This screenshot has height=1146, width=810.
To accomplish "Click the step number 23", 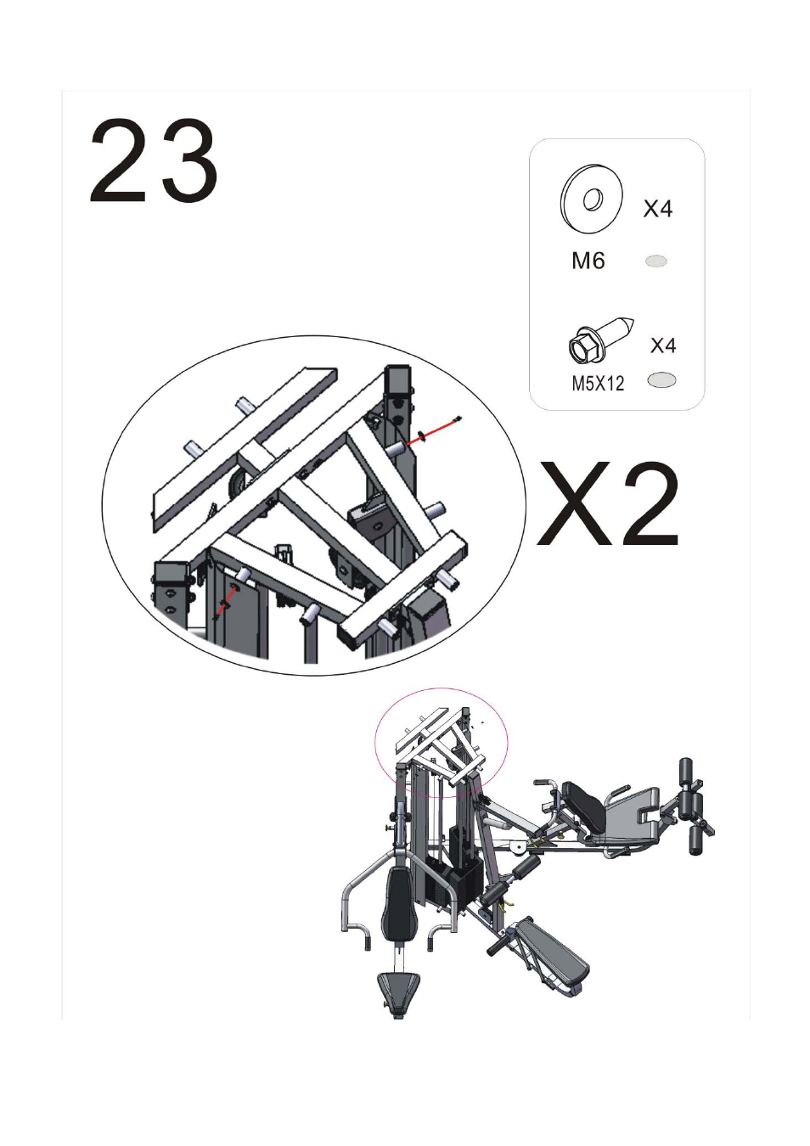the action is (x=154, y=160).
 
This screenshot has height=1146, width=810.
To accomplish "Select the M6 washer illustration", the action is (x=592, y=195).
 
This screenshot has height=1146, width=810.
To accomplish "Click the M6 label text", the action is (x=588, y=261).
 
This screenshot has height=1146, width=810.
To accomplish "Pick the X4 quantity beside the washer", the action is (x=658, y=209).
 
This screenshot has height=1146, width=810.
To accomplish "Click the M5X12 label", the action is (x=598, y=384).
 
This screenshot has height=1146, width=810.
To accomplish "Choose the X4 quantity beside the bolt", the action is (x=663, y=345).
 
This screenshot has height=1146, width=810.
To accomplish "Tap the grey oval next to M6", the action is (x=656, y=261).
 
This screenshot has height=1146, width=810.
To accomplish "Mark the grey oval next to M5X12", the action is (x=661, y=380).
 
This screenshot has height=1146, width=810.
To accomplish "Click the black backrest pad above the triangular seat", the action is (x=399, y=904).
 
